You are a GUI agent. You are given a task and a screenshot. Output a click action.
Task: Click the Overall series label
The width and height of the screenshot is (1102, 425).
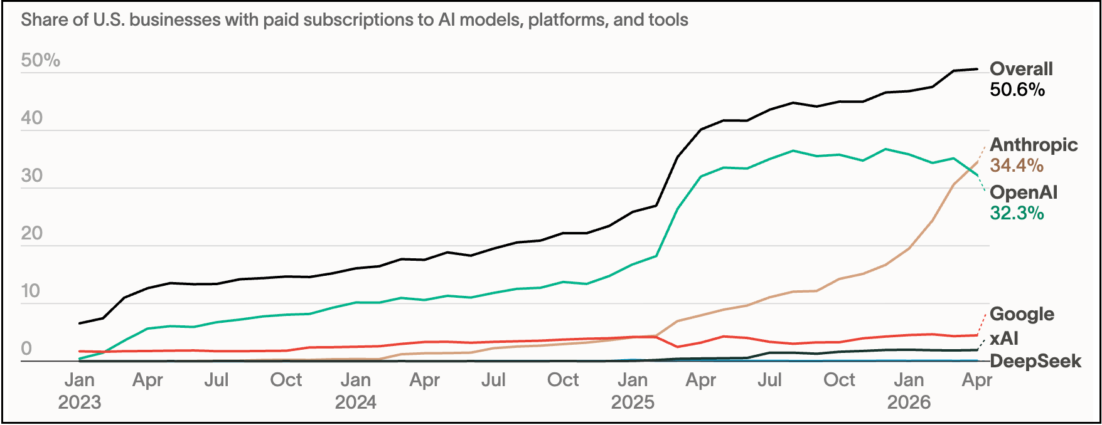(1021, 69)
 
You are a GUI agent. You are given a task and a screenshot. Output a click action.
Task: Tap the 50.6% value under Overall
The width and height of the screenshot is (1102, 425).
(1017, 90)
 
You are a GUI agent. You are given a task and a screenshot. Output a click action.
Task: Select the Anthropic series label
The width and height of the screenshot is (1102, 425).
(1034, 145)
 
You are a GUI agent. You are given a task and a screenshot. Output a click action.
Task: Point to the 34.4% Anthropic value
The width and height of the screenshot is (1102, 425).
(1017, 165)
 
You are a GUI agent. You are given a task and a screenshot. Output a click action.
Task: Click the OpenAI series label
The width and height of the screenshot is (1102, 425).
(1024, 192)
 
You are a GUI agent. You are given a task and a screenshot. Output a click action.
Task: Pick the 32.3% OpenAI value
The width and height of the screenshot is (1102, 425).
(1017, 213)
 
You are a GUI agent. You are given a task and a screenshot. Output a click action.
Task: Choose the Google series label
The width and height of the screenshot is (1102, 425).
(1022, 314)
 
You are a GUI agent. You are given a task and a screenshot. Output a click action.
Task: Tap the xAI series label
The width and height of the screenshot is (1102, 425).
(1004, 338)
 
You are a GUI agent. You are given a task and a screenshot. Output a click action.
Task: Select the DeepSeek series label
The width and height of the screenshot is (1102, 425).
(1035, 362)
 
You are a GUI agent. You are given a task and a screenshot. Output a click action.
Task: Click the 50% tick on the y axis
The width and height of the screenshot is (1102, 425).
(41, 60)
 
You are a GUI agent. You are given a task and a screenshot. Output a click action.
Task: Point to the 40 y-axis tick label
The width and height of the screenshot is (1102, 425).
(31, 118)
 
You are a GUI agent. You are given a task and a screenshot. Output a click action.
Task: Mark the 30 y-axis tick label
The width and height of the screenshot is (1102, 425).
(31, 176)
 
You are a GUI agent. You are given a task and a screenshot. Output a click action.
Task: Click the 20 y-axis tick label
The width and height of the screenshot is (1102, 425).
(31, 233)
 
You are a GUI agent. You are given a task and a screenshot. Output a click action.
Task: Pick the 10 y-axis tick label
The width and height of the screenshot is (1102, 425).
(31, 291)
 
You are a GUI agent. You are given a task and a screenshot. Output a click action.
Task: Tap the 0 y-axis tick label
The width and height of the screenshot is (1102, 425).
(26, 349)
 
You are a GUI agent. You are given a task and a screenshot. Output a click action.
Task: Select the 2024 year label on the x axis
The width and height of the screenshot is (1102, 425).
(356, 402)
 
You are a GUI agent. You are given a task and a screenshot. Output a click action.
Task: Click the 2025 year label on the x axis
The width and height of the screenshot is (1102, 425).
(633, 402)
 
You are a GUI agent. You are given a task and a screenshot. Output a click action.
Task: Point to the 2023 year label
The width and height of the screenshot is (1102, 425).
(80, 402)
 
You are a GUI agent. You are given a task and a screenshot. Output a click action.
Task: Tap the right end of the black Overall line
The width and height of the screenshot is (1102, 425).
(977, 69)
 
